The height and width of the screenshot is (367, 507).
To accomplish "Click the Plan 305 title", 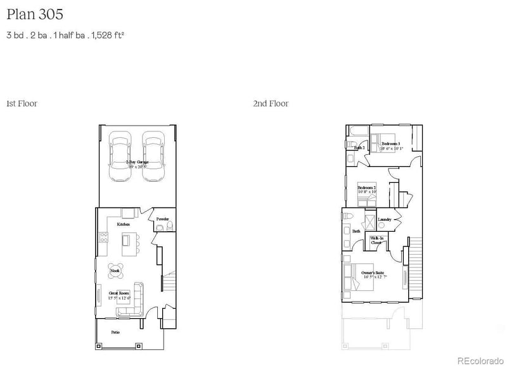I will (35, 13).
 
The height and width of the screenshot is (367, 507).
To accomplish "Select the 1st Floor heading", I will (22, 103).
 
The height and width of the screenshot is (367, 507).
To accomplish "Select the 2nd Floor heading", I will (271, 103).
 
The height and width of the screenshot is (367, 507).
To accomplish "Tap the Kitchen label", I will (124, 225).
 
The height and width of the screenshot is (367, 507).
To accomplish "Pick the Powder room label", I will (163, 218).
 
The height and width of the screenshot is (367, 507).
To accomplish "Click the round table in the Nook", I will (115, 271).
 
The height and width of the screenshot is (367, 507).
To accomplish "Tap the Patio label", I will (116, 331).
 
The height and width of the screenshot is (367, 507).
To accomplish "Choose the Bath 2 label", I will (359, 148).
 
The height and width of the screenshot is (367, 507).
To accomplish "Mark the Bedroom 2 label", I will (367, 188).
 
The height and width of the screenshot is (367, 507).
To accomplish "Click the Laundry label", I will (384, 220).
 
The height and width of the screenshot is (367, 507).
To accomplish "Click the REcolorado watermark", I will (479, 359).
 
